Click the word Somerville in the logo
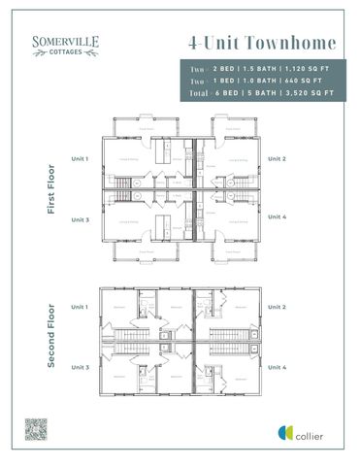(x=66, y=42)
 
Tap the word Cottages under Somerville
(x=66, y=52)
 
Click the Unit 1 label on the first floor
(x=80, y=157)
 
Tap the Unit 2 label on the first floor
(x=277, y=157)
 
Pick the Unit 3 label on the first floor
(x=80, y=219)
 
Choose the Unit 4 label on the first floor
(x=277, y=216)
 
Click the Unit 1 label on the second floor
(x=80, y=307)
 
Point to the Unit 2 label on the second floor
(x=277, y=307)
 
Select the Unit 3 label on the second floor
(x=80, y=367)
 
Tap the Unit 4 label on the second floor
(x=277, y=367)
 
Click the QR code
(x=37, y=428)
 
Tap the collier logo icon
(x=286, y=432)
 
